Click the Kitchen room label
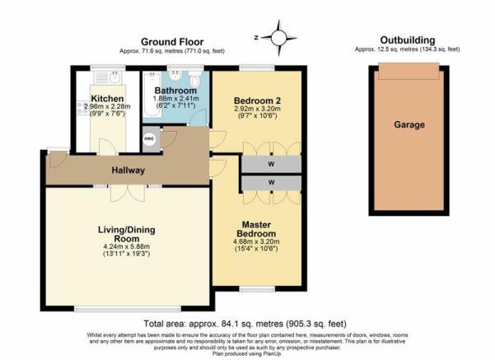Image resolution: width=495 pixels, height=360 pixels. click(107, 99)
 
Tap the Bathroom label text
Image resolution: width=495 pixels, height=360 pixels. click(175, 91)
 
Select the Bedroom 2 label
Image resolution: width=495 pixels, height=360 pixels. click(257, 101)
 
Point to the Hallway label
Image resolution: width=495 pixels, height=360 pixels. click(128, 171)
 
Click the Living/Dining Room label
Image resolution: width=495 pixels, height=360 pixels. click(127, 234)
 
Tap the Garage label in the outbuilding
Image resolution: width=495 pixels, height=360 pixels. click(409, 124)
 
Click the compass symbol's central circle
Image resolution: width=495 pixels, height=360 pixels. click(278, 38)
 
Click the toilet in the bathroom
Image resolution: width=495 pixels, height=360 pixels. click(194, 78)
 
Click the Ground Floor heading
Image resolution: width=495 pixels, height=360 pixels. click(172, 42)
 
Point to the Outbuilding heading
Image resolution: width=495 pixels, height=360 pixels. click(408, 40)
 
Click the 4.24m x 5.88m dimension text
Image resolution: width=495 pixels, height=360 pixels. click(126, 246)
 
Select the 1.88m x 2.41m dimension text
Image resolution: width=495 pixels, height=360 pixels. click(175, 99)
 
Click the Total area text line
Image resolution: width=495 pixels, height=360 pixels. click(245, 324)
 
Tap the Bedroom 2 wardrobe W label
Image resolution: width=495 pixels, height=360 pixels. click(271, 164)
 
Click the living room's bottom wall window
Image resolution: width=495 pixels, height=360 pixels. click(128, 309)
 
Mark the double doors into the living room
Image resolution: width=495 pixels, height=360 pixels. click(128, 194)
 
